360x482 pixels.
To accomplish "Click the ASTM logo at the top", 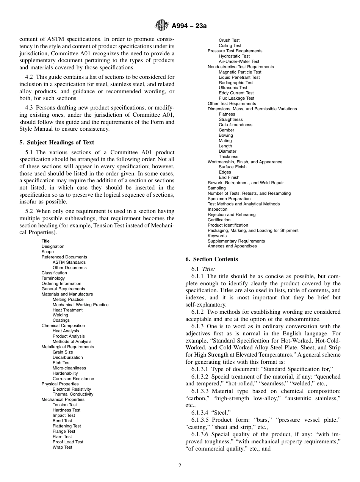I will [x=162, y=26].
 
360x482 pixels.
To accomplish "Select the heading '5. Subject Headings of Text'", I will [x=56, y=142].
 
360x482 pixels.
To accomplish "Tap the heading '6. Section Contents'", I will [x=212, y=259].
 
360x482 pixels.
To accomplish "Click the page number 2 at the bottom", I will [x=180, y=466].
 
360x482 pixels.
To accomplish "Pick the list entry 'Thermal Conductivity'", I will [x=73, y=394].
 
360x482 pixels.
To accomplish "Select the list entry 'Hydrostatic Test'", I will [x=234, y=56].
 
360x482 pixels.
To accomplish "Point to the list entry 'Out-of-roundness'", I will [x=235, y=125].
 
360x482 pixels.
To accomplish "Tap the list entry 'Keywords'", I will [x=217, y=236].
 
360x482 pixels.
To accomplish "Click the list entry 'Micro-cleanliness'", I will [x=69, y=368].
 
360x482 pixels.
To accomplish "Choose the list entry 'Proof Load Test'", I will [x=68, y=442].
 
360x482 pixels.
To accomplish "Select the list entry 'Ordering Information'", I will [x=61, y=283].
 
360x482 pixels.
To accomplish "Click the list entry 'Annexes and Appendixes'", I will [x=232, y=246].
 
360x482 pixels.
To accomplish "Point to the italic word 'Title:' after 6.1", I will [x=208, y=269].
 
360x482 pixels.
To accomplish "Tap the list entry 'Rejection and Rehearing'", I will [x=232, y=214].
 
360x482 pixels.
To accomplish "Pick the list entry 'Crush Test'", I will [x=229, y=40].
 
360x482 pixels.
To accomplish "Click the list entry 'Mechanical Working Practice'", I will [x=80, y=305].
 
